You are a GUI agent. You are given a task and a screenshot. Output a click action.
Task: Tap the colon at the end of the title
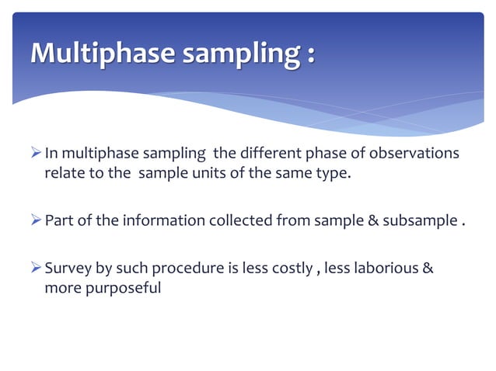pos(311,54)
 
